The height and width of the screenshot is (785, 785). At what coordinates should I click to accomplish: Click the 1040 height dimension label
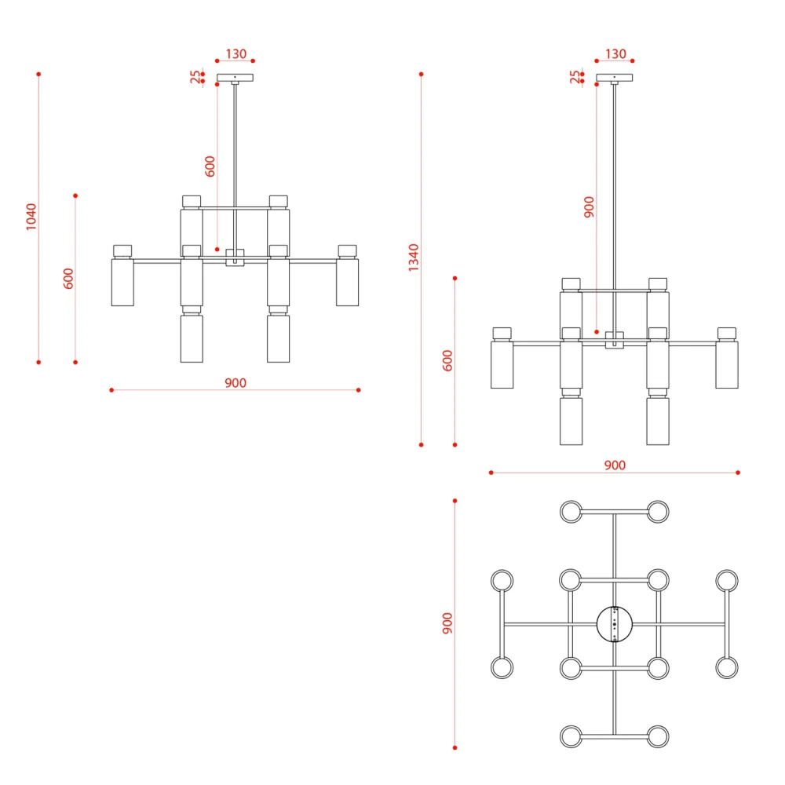coord(31,217)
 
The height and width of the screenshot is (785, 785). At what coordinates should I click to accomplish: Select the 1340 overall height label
coord(414,257)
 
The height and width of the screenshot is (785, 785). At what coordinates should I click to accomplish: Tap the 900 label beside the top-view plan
coord(447,623)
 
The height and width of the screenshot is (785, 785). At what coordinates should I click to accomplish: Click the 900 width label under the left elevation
coord(235,383)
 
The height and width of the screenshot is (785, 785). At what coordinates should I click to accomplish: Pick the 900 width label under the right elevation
coord(615,465)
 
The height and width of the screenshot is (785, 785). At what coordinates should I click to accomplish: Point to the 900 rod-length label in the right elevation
coord(590,206)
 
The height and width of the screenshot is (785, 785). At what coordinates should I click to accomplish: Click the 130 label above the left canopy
coord(235,53)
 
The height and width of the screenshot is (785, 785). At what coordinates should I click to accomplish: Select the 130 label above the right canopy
coord(615,53)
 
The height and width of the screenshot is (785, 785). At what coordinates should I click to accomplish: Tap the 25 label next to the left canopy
coord(195,77)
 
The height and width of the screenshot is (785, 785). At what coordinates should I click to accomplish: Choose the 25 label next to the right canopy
coord(575,77)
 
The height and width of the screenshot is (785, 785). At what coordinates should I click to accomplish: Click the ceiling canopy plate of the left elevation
coord(235,78)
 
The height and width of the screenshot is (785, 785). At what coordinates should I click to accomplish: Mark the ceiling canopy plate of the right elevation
coord(615,78)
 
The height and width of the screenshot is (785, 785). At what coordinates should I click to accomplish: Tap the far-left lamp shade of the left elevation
coord(122,282)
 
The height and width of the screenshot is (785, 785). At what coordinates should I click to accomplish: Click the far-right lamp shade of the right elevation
coord(727,364)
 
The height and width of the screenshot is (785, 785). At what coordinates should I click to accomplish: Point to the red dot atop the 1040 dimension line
coord(38,74)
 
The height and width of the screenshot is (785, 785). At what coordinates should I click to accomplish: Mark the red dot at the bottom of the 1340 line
coord(421,444)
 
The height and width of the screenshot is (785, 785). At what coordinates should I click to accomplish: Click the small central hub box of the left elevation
coord(235,257)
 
